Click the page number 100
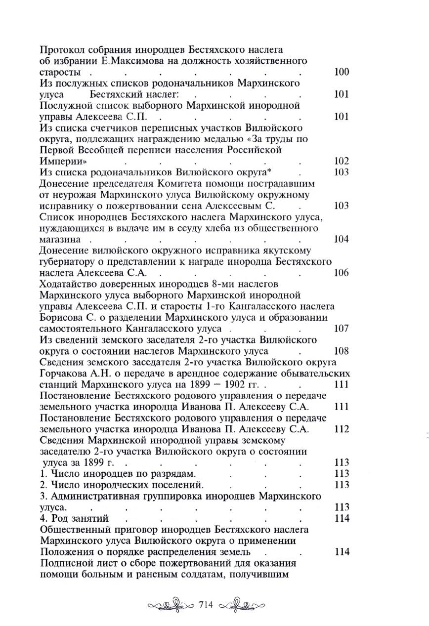point(342,72)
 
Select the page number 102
point(342,161)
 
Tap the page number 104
point(342,239)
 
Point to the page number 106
point(342,273)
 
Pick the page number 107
point(342,329)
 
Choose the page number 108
point(342,351)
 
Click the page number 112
point(342,429)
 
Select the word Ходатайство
point(68,284)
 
